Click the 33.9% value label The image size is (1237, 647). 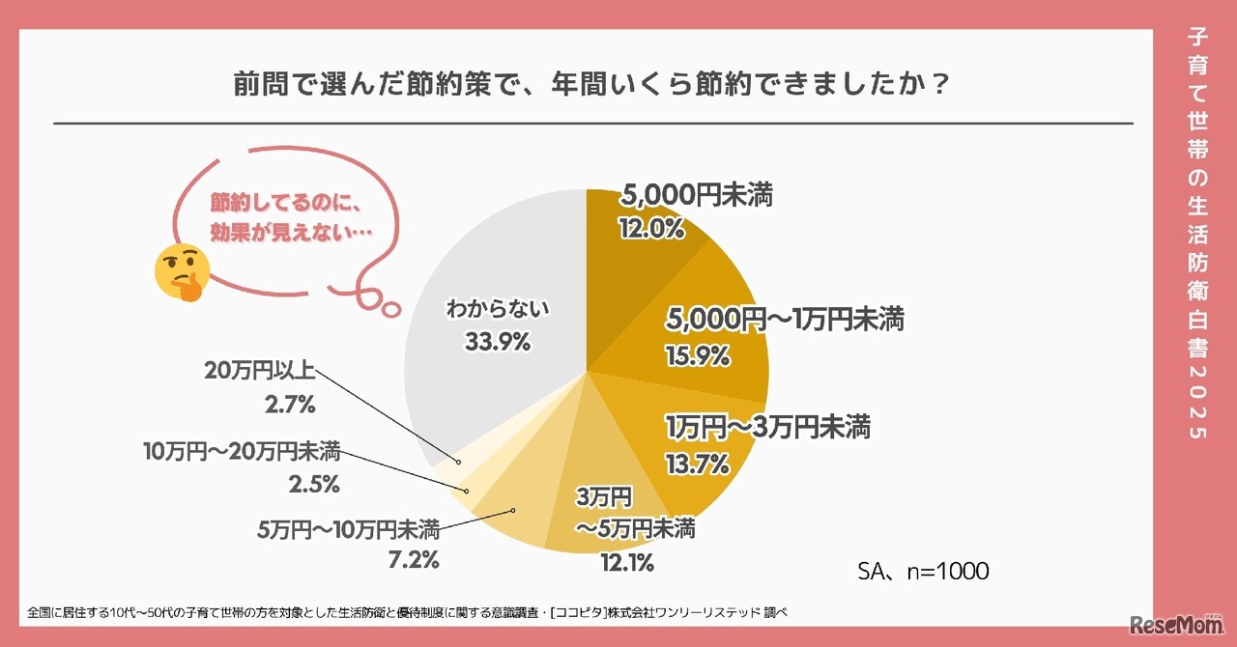497,341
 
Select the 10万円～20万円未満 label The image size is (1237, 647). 241,451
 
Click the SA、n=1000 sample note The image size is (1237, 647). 923,572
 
